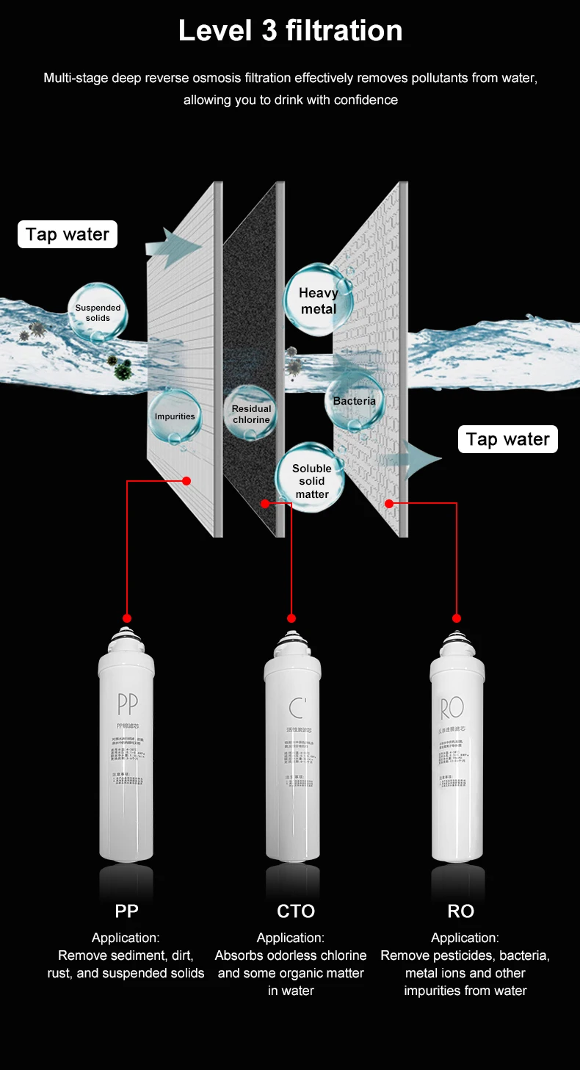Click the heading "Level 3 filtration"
pyautogui.click(x=290, y=31)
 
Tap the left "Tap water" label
pyautogui.click(x=68, y=235)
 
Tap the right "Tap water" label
pyautogui.click(x=508, y=439)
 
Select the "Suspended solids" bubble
pyautogui.click(x=98, y=313)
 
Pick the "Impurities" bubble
pyautogui.click(x=175, y=416)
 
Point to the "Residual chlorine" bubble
pyautogui.click(x=251, y=414)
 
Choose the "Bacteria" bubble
pyautogui.click(x=354, y=401)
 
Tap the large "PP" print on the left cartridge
pyautogui.click(x=127, y=704)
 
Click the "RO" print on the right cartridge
pyautogui.click(x=452, y=708)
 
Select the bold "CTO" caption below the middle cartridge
pyautogui.click(x=296, y=911)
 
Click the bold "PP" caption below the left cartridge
pyautogui.click(x=126, y=911)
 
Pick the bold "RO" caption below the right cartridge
pyautogui.click(x=461, y=911)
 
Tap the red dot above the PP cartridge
pyautogui.click(x=128, y=618)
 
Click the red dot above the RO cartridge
pyautogui.click(x=457, y=618)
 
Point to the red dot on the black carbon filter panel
pyautogui.click(x=265, y=503)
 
